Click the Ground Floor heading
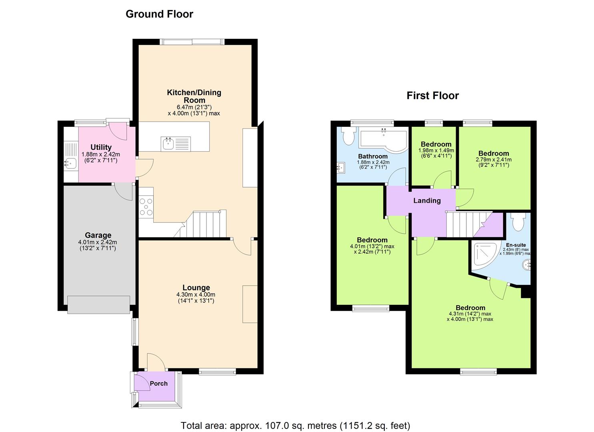[159, 14]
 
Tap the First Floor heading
[432, 96]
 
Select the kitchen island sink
[168, 144]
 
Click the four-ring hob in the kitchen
[146, 207]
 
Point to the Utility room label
[101, 147]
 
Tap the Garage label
[98, 235]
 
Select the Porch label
[158, 384]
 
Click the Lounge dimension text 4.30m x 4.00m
[196, 295]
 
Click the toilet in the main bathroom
[348, 136]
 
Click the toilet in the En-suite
[519, 222]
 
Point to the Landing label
[427, 201]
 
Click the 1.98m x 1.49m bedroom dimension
[436, 150]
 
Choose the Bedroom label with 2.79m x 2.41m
[494, 154]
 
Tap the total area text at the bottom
[295, 426]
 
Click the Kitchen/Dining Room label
[194, 96]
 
